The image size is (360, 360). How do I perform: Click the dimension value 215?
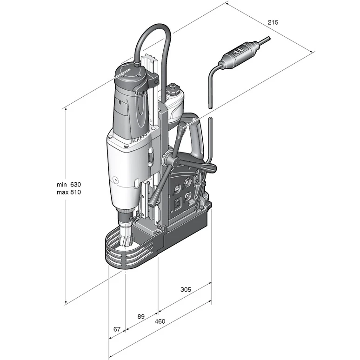(273, 22)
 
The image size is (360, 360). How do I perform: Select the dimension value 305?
(186, 289)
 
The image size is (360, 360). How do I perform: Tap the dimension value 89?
(141, 316)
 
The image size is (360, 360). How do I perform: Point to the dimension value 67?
(117, 329)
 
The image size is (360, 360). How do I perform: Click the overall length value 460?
(160, 321)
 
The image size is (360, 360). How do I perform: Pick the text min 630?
(69, 184)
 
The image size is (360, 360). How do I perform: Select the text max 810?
(69, 192)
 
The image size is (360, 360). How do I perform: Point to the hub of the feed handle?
(169, 159)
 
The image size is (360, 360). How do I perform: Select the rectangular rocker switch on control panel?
(178, 203)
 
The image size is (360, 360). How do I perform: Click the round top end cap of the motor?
(129, 71)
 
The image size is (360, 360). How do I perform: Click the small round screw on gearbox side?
(115, 180)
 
